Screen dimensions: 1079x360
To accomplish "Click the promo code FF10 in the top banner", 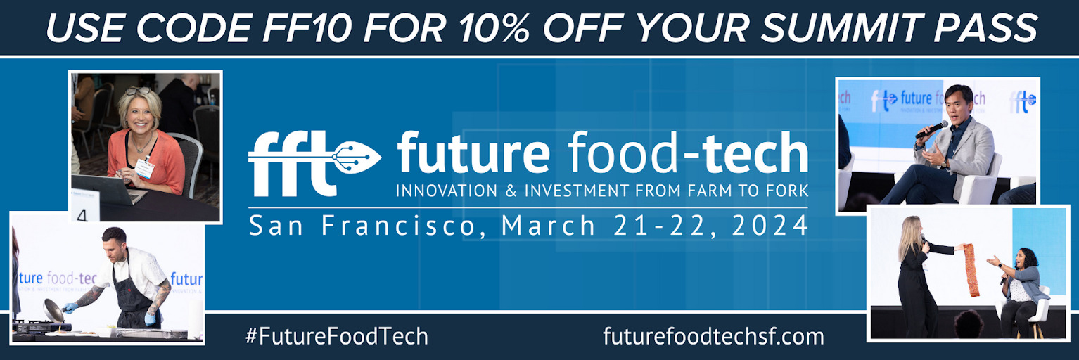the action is point(307,28).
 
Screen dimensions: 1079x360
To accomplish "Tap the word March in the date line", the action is point(548,225).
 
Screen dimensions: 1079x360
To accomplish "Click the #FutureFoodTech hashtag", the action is point(337,336).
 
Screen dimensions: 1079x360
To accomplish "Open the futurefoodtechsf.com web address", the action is point(713,336).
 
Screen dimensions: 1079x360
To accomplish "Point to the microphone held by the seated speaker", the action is point(931,130).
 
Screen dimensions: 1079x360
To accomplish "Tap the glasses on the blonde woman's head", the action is point(139,91).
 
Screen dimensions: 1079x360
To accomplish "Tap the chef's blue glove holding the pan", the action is point(70,307).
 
